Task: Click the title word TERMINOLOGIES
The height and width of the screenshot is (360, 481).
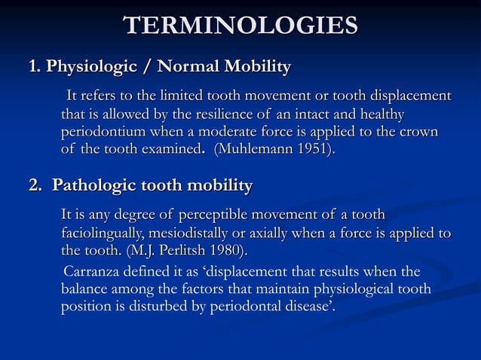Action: coord(241,26)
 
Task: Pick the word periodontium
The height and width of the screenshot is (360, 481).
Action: coord(106,132)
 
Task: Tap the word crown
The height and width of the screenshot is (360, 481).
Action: coord(418,132)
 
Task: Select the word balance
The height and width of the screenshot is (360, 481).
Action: coord(87,289)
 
